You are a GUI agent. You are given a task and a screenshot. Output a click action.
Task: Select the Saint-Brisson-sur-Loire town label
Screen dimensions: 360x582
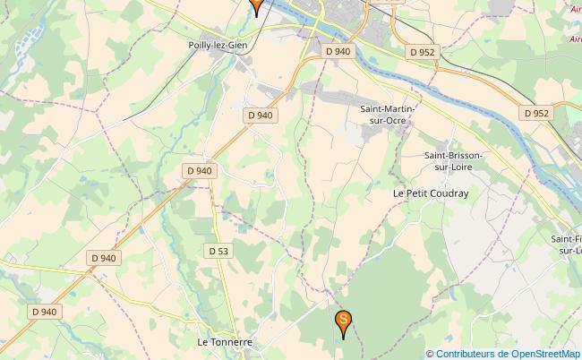pos(453,160)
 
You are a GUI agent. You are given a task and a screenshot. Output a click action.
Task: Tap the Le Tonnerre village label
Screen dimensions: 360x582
pos(225,342)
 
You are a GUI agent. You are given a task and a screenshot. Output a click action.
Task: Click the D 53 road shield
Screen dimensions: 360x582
pos(218,252)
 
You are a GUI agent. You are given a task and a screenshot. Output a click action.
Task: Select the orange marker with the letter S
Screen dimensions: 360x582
pos(342,321)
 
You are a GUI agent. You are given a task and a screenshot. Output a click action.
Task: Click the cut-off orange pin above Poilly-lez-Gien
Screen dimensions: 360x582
pos(256,5)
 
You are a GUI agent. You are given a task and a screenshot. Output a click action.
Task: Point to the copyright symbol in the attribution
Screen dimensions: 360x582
pos(431,353)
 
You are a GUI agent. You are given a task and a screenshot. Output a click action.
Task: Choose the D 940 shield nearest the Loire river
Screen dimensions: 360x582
pos(338,52)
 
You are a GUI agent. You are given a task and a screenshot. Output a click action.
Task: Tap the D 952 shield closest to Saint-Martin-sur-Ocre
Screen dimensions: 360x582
pos(422,52)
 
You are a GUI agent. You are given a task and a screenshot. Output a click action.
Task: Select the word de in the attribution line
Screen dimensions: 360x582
pos(507,353)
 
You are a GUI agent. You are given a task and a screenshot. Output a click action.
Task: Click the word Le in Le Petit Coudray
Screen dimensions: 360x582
pos(399,193)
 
